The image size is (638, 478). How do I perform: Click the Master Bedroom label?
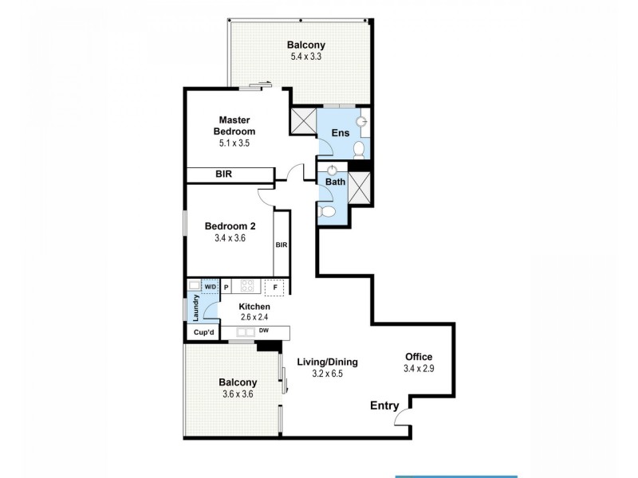pyautogui.click(x=234, y=125)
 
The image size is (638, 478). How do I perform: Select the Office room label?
pyautogui.click(x=419, y=357)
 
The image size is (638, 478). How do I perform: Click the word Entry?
pyautogui.click(x=384, y=406)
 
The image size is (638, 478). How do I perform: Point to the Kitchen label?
pyautogui.click(x=254, y=307)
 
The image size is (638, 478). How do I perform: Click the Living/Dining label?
pyautogui.click(x=327, y=362)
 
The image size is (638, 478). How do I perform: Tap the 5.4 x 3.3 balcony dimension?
pyautogui.click(x=307, y=57)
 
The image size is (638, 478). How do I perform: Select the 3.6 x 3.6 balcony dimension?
pyautogui.click(x=238, y=394)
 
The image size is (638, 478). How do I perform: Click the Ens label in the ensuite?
pyautogui.click(x=340, y=133)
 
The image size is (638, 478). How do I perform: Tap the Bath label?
pyautogui.click(x=334, y=182)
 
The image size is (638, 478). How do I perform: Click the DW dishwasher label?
pyautogui.click(x=263, y=331)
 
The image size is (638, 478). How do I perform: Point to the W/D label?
pyautogui.click(x=210, y=286)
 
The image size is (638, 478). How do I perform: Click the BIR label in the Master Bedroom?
pyautogui.click(x=223, y=174)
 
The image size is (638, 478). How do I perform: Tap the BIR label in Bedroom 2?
pyautogui.click(x=282, y=245)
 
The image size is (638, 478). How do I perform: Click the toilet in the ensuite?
pyautogui.click(x=358, y=149)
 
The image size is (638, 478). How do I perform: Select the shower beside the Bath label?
pyautogui.click(x=358, y=189)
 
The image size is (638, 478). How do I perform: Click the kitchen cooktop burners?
pyautogui.click(x=246, y=287)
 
